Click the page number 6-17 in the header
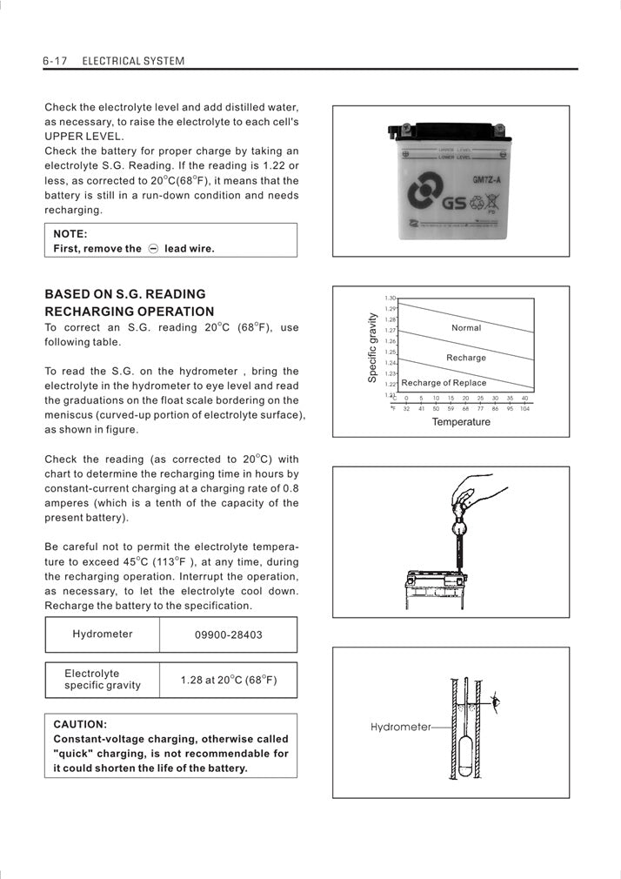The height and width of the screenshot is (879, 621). click(55, 61)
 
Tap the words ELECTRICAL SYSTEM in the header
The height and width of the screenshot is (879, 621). click(133, 61)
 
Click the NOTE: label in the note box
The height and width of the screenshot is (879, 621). click(70, 233)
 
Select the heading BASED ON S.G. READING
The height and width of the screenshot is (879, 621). click(125, 294)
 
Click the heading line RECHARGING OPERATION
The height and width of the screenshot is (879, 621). click(129, 312)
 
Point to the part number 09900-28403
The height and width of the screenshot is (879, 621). click(228, 634)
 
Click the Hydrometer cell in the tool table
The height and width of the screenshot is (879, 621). click(103, 634)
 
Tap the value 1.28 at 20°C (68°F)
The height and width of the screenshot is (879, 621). click(228, 680)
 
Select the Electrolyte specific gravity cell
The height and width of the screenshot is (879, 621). click(103, 680)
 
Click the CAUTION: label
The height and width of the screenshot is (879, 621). click(80, 723)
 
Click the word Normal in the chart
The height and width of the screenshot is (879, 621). click(466, 328)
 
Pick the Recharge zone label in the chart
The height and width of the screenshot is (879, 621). click(466, 358)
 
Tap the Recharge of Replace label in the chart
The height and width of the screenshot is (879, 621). click(444, 383)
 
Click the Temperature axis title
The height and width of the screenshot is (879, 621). click(461, 422)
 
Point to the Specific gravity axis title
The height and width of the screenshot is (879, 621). click(372, 348)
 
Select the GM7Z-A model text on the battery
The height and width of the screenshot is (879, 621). click(486, 180)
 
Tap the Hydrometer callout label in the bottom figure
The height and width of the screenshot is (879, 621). click(400, 727)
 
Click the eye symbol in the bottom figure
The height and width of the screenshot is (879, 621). click(497, 701)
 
